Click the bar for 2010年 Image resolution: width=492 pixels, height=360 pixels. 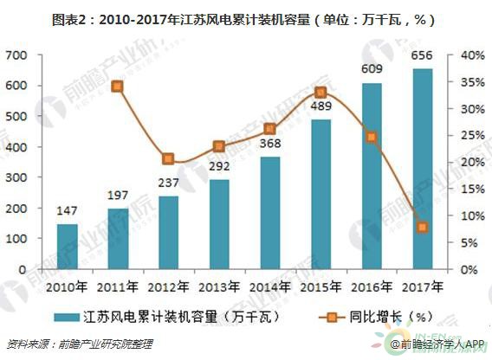(x=68, y=247)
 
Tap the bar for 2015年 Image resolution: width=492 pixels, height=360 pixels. (x=320, y=195)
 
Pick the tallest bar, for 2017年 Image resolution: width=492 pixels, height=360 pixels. (x=422, y=169)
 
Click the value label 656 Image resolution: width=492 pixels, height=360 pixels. (x=422, y=55)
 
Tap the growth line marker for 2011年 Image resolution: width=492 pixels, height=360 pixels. (x=118, y=87)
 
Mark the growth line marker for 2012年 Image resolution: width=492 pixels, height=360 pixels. (x=168, y=159)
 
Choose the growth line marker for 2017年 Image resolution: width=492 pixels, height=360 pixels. (x=422, y=227)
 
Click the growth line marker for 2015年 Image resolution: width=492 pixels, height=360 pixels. (x=320, y=93)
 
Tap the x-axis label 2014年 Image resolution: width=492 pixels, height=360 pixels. (x=269, y=286)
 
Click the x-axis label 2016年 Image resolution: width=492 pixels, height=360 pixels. (x=372, y=286)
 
